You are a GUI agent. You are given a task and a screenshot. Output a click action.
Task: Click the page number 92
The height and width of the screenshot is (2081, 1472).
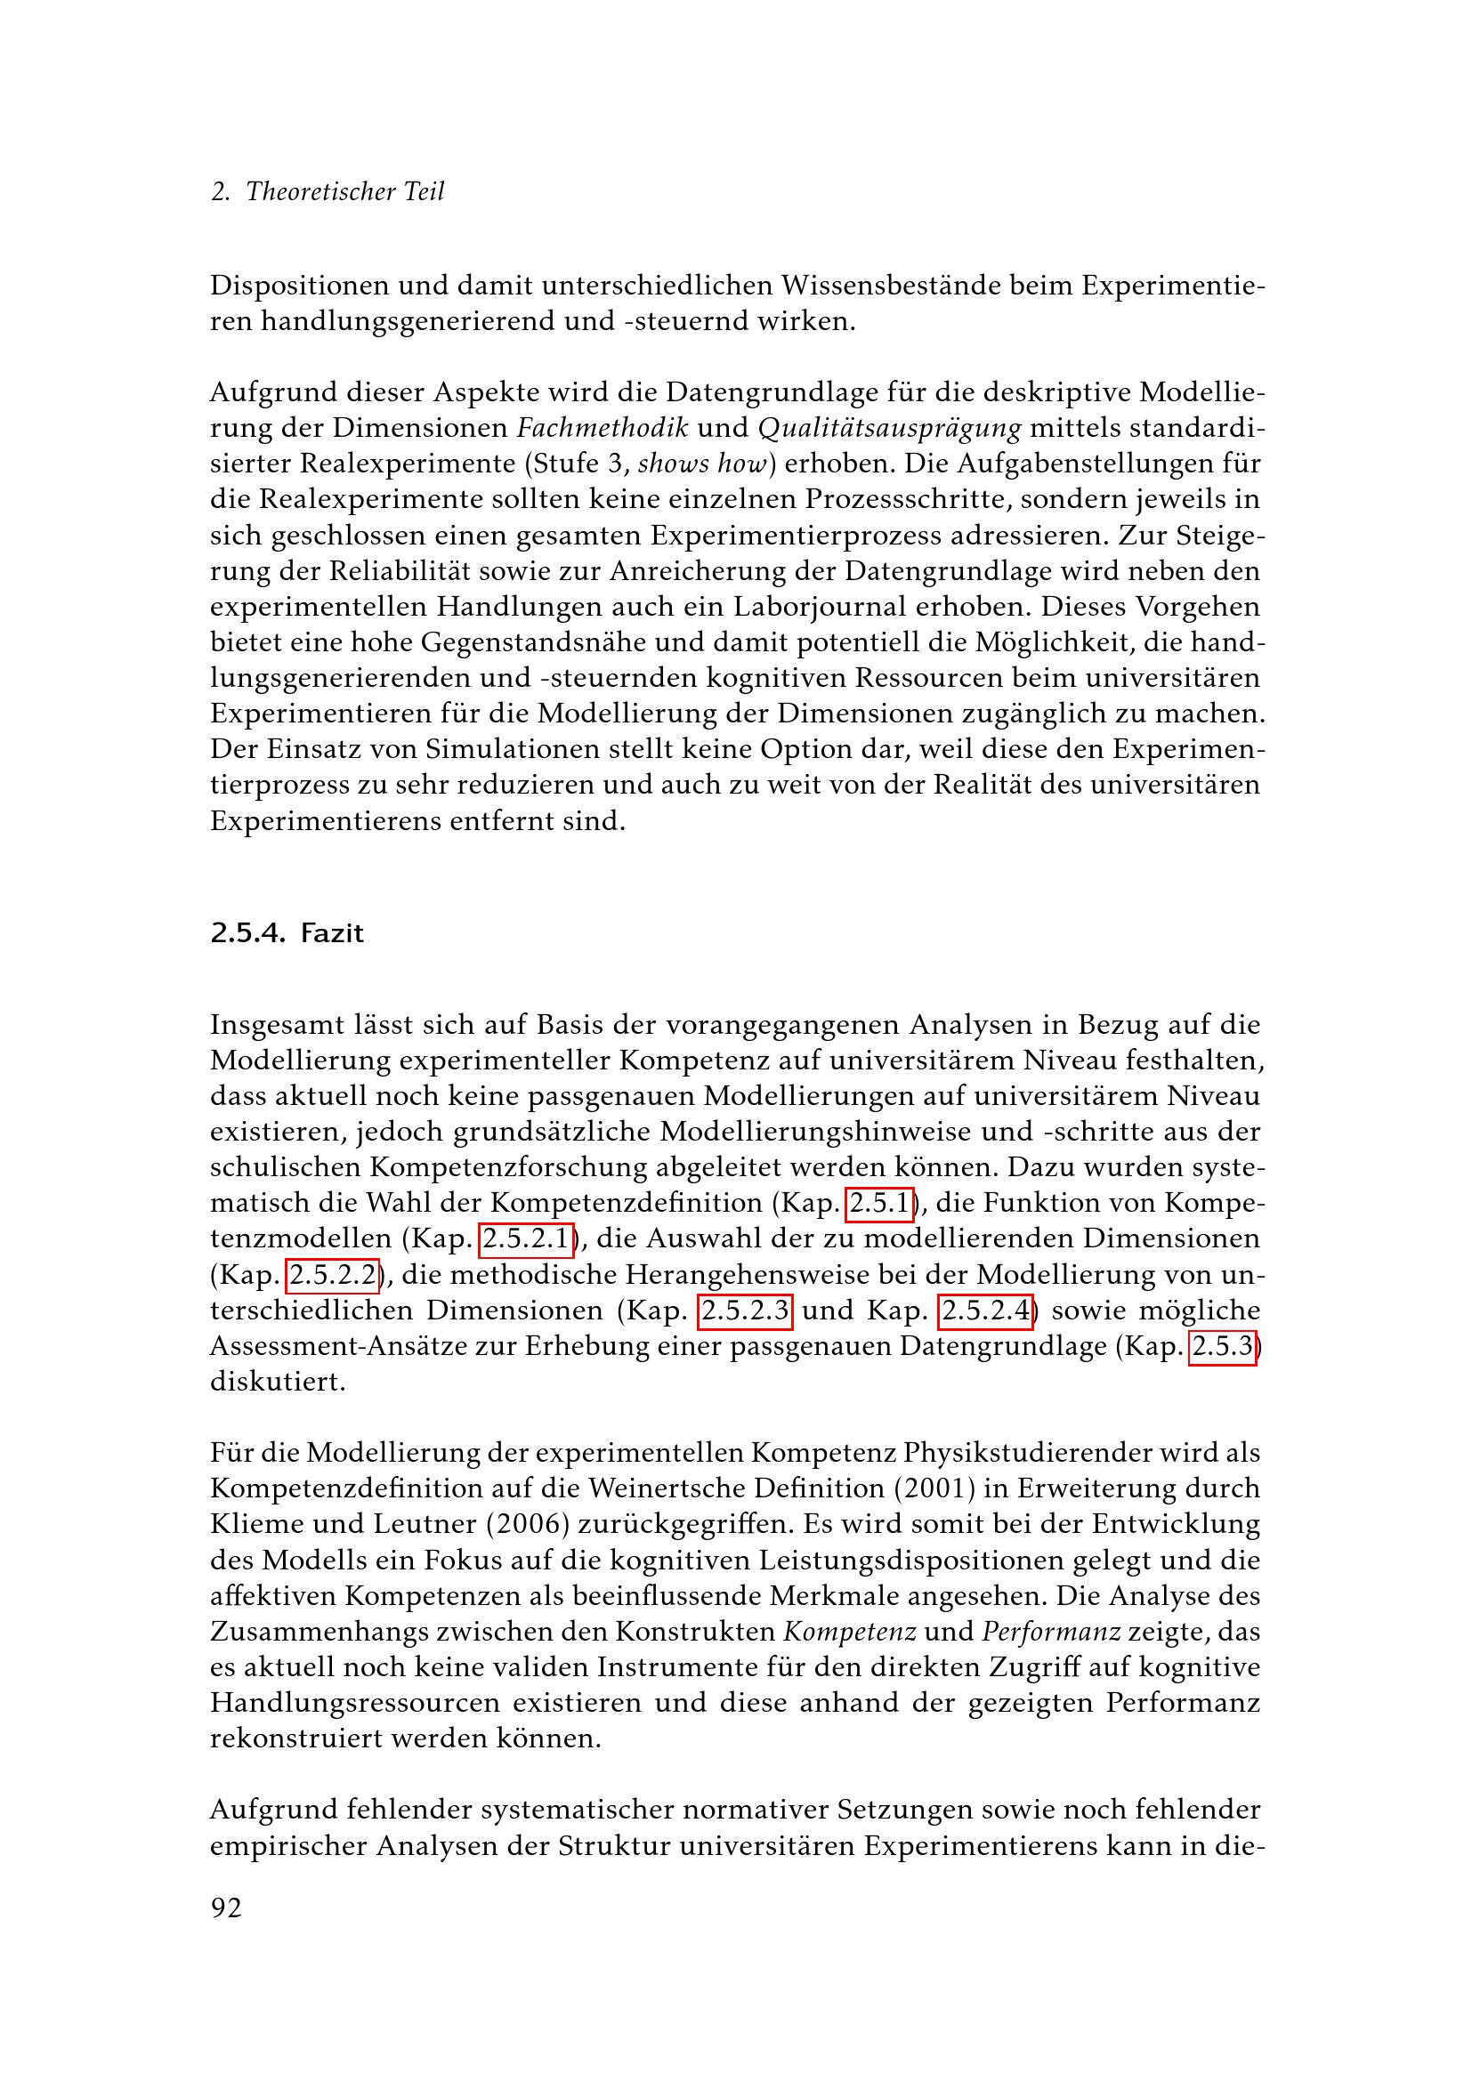227,1908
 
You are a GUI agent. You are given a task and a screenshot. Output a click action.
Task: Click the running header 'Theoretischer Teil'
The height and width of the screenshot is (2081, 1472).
344,191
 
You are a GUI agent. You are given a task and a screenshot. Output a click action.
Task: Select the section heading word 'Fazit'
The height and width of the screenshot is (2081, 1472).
332,933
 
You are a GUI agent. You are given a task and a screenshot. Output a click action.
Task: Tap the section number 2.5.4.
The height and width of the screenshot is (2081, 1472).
247,933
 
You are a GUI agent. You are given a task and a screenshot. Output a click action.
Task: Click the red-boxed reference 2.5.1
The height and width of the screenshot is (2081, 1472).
879,1203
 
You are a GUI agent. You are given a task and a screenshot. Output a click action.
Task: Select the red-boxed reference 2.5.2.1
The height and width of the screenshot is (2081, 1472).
526,1239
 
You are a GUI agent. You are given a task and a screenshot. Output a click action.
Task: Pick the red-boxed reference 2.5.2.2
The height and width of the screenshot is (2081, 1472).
333,1275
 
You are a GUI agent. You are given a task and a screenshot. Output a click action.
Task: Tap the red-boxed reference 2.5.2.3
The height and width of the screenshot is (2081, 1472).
745,1311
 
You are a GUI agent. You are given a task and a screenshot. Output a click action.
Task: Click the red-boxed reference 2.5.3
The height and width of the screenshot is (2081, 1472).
1222,1346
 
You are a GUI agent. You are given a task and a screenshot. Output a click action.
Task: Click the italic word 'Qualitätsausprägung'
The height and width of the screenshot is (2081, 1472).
889,428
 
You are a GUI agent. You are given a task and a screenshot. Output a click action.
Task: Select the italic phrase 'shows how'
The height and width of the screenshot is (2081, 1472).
702,464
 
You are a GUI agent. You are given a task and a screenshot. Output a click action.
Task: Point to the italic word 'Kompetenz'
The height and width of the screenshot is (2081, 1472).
849,1632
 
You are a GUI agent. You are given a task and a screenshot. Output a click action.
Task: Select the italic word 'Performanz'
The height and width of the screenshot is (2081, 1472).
1051,1632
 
